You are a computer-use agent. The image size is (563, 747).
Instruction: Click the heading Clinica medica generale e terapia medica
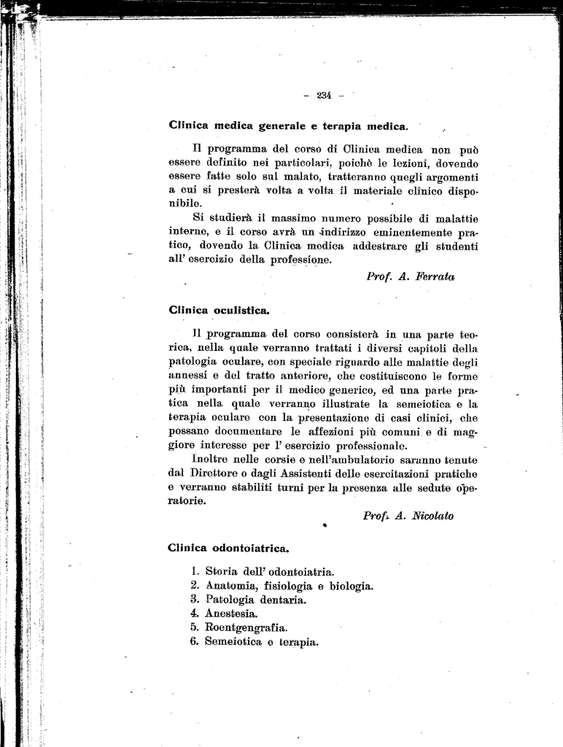pos(288,125)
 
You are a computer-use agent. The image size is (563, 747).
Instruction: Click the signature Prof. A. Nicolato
pos(408,516)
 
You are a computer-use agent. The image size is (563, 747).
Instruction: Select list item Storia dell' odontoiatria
pos(270,572)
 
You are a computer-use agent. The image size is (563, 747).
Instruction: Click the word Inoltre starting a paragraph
pos(212,460)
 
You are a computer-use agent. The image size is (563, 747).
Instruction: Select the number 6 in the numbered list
pos(195,642)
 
